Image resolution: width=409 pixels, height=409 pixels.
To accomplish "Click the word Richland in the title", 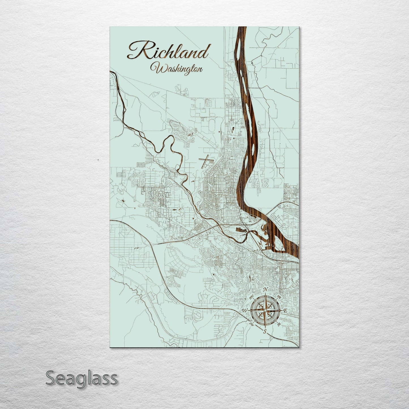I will pyautogui.click(x=169, y=53).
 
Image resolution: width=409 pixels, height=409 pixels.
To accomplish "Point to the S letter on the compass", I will pyautogui.click(x=265, y=331).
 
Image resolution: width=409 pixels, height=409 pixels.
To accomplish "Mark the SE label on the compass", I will pyautogui.click(x=279, y=324).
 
